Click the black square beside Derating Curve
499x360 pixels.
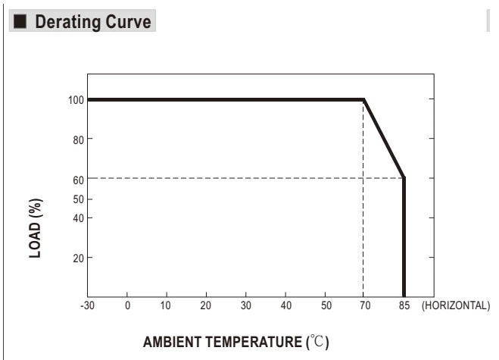pos(20,21)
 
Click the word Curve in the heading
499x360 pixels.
pos(128,22)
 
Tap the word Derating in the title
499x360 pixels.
pos(68,22)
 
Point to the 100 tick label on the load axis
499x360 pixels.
pos(76,100)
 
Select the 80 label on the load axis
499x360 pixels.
pos(78,140)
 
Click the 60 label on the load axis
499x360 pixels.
pos(78,180)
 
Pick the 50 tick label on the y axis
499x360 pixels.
pos(78,199)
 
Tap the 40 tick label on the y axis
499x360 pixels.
pos(78,218)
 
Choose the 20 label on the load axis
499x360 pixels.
pos(78,258)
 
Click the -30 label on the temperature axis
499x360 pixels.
pos(88,305)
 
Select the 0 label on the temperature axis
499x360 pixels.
pos(127,305)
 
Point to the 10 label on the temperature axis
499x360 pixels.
pos(166,305)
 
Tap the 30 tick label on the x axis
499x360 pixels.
pos(245,305)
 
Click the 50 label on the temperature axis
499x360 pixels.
pos(326,305)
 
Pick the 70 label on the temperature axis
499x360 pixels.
pos(365,305)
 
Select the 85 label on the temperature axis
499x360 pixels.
pos(404,305)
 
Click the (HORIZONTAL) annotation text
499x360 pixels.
pos(456,305)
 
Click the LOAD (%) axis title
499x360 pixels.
pos(36,228)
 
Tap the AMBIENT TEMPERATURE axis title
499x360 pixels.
pos(236,342)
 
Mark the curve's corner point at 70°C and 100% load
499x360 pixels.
pos(363,100)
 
